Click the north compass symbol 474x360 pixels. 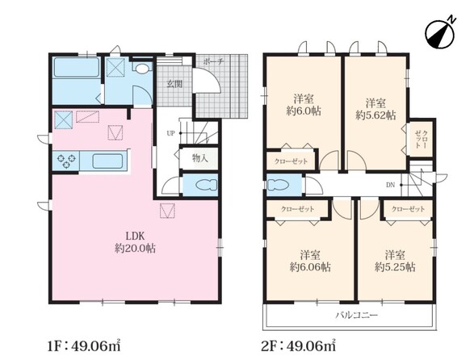(x=440, y=33)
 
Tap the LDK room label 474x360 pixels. (x=135, y=236)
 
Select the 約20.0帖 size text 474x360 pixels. (x=135, y=249)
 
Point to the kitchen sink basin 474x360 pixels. (x=107, y=161)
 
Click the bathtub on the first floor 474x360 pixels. (x=77, y=67)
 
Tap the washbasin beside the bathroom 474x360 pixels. (x=143, y=69)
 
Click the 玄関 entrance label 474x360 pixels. (x=174, y=84)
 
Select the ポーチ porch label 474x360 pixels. (x=213, y=61)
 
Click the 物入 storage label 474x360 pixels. (x=200, y=157)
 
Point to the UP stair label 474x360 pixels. (x=170, y=133)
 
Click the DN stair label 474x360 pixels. (x=390, y=185)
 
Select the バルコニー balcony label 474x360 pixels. (x=357, y=316)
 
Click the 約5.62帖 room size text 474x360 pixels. (x=375, y=115)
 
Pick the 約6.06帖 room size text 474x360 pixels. (x=310, y=267)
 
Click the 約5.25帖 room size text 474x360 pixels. (x=395, y=267)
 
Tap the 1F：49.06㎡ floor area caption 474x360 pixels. (x=84, y=345)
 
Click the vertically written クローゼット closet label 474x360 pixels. (x=421, y=139)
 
